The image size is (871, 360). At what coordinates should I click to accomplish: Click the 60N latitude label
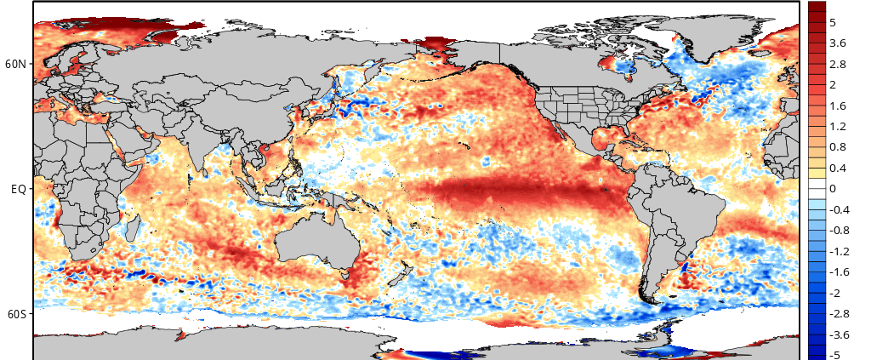pyautogui.click(x=16, y=64)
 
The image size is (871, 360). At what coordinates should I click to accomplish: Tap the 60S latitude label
pyautogui.click(x=16, y=314)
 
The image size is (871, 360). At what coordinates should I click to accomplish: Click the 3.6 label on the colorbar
pyautogui.click(x=838, y=43)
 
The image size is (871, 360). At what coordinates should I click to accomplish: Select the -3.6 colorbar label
pyautogui.click(x=838, y=334)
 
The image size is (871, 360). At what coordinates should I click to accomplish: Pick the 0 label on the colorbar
pyautogui.click(x=833, y=188)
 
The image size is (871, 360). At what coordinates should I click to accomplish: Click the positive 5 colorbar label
pyautogui.click(x=833, y=22)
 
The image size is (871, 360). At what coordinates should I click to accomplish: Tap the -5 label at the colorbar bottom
pyautogui.click(x=835, y=355)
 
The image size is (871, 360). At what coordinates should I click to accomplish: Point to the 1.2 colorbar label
pyautogui.click(x=838, y=126)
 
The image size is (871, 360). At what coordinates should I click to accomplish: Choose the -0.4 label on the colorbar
pyautogui.click(x=839, y=209)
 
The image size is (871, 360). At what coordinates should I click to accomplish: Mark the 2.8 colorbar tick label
pyautogui.click(x=838, y=64)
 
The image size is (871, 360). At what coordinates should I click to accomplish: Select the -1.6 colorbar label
pyautogui.click(x=839, y=271)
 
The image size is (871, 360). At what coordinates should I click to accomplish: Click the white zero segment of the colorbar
pyautogui.click(x=817, y=188)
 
